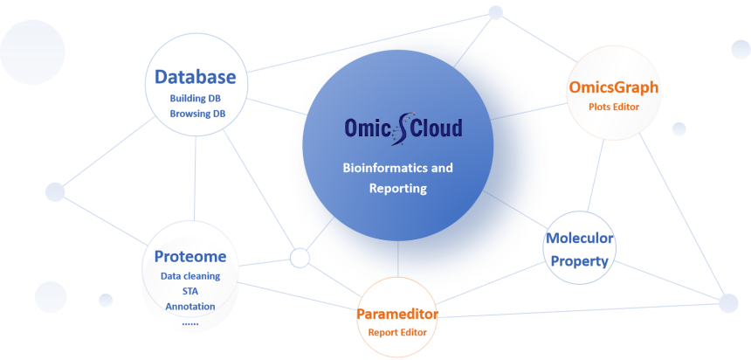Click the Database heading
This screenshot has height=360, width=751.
[x=196, y=77]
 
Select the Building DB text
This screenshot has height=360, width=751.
[x=195, y=98]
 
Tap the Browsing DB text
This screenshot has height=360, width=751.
[x=196, y=114]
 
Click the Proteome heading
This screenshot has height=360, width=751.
[x=190, y=257]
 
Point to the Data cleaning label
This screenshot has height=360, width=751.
[x=190, y=276]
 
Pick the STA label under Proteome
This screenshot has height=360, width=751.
[x=190, y=292]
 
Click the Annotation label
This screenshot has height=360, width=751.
[x=190, y=307]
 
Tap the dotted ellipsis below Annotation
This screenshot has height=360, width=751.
[x=190, y=324]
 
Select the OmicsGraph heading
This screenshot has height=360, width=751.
[x=614, y=87]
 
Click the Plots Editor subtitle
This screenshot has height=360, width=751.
[x=614, y=107]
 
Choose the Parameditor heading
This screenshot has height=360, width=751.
[x=397, y=315]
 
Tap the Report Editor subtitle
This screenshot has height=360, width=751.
[x=397, y=332]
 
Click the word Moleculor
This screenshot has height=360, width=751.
[x=580, y=238]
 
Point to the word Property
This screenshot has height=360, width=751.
[x=580, y=261]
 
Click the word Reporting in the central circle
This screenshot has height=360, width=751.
[x=397, y=189]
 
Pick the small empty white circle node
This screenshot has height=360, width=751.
[x=300, y=258]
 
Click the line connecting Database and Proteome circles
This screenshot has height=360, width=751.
[x=196, y=178]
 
